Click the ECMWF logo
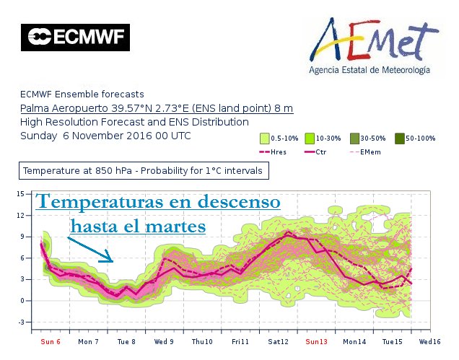tap(75, 38)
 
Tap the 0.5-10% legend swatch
tap(265, 138)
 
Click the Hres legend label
tap(279, 152)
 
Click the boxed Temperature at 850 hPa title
tap(145, 172)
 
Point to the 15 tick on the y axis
tap(22, 193)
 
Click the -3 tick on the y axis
tap(22, 322)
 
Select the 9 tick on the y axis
tap(22, 236)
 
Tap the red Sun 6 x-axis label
tap(51, 341)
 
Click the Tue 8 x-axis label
tap(126, 341)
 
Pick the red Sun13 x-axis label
tap(316, 341)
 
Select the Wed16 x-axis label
tap(430, 341)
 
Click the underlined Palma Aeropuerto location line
tap(157, 108)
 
